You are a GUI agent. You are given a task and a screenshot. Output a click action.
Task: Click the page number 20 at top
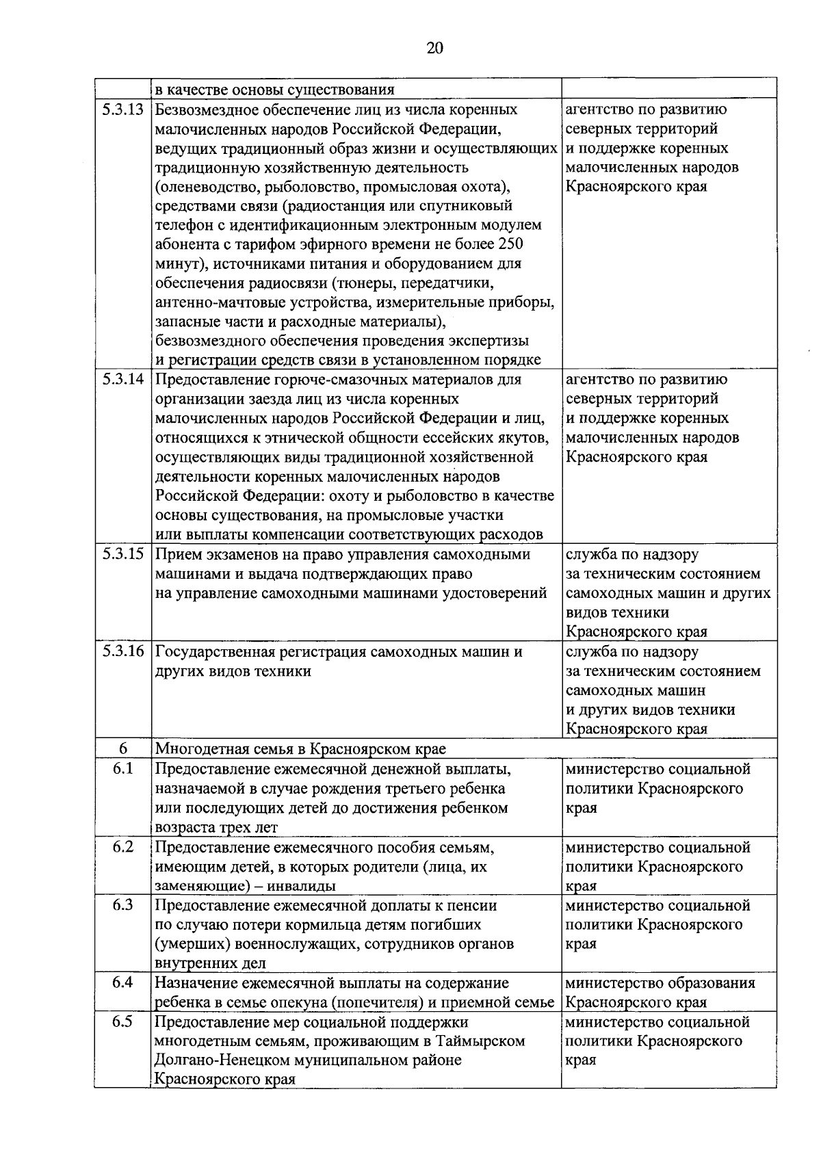(x=434, y=47)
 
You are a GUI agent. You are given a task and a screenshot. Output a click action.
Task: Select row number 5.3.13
(x=122, y=109)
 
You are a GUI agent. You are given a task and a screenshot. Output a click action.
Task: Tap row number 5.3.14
(x=122, y=379)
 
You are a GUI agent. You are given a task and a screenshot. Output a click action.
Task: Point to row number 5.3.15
(x=122, y=554)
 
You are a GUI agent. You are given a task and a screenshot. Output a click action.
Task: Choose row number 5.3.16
(x=122, y=651)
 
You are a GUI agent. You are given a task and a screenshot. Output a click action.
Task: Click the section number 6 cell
(x=122, y=749)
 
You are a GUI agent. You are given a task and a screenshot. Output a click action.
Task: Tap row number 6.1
(x=122, y=769)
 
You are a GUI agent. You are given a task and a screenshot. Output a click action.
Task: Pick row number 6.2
(x=122, y=847)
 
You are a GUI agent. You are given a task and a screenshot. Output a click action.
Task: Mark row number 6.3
(x=122, y=905)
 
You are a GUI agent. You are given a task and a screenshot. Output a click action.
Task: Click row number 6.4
(x=122, y=982)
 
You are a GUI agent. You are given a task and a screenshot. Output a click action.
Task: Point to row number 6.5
(x=122, y=1021)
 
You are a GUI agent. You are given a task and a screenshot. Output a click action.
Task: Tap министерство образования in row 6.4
(x=660, y=983)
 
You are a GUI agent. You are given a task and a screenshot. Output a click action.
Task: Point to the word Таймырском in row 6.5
(x=486, y=1041)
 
